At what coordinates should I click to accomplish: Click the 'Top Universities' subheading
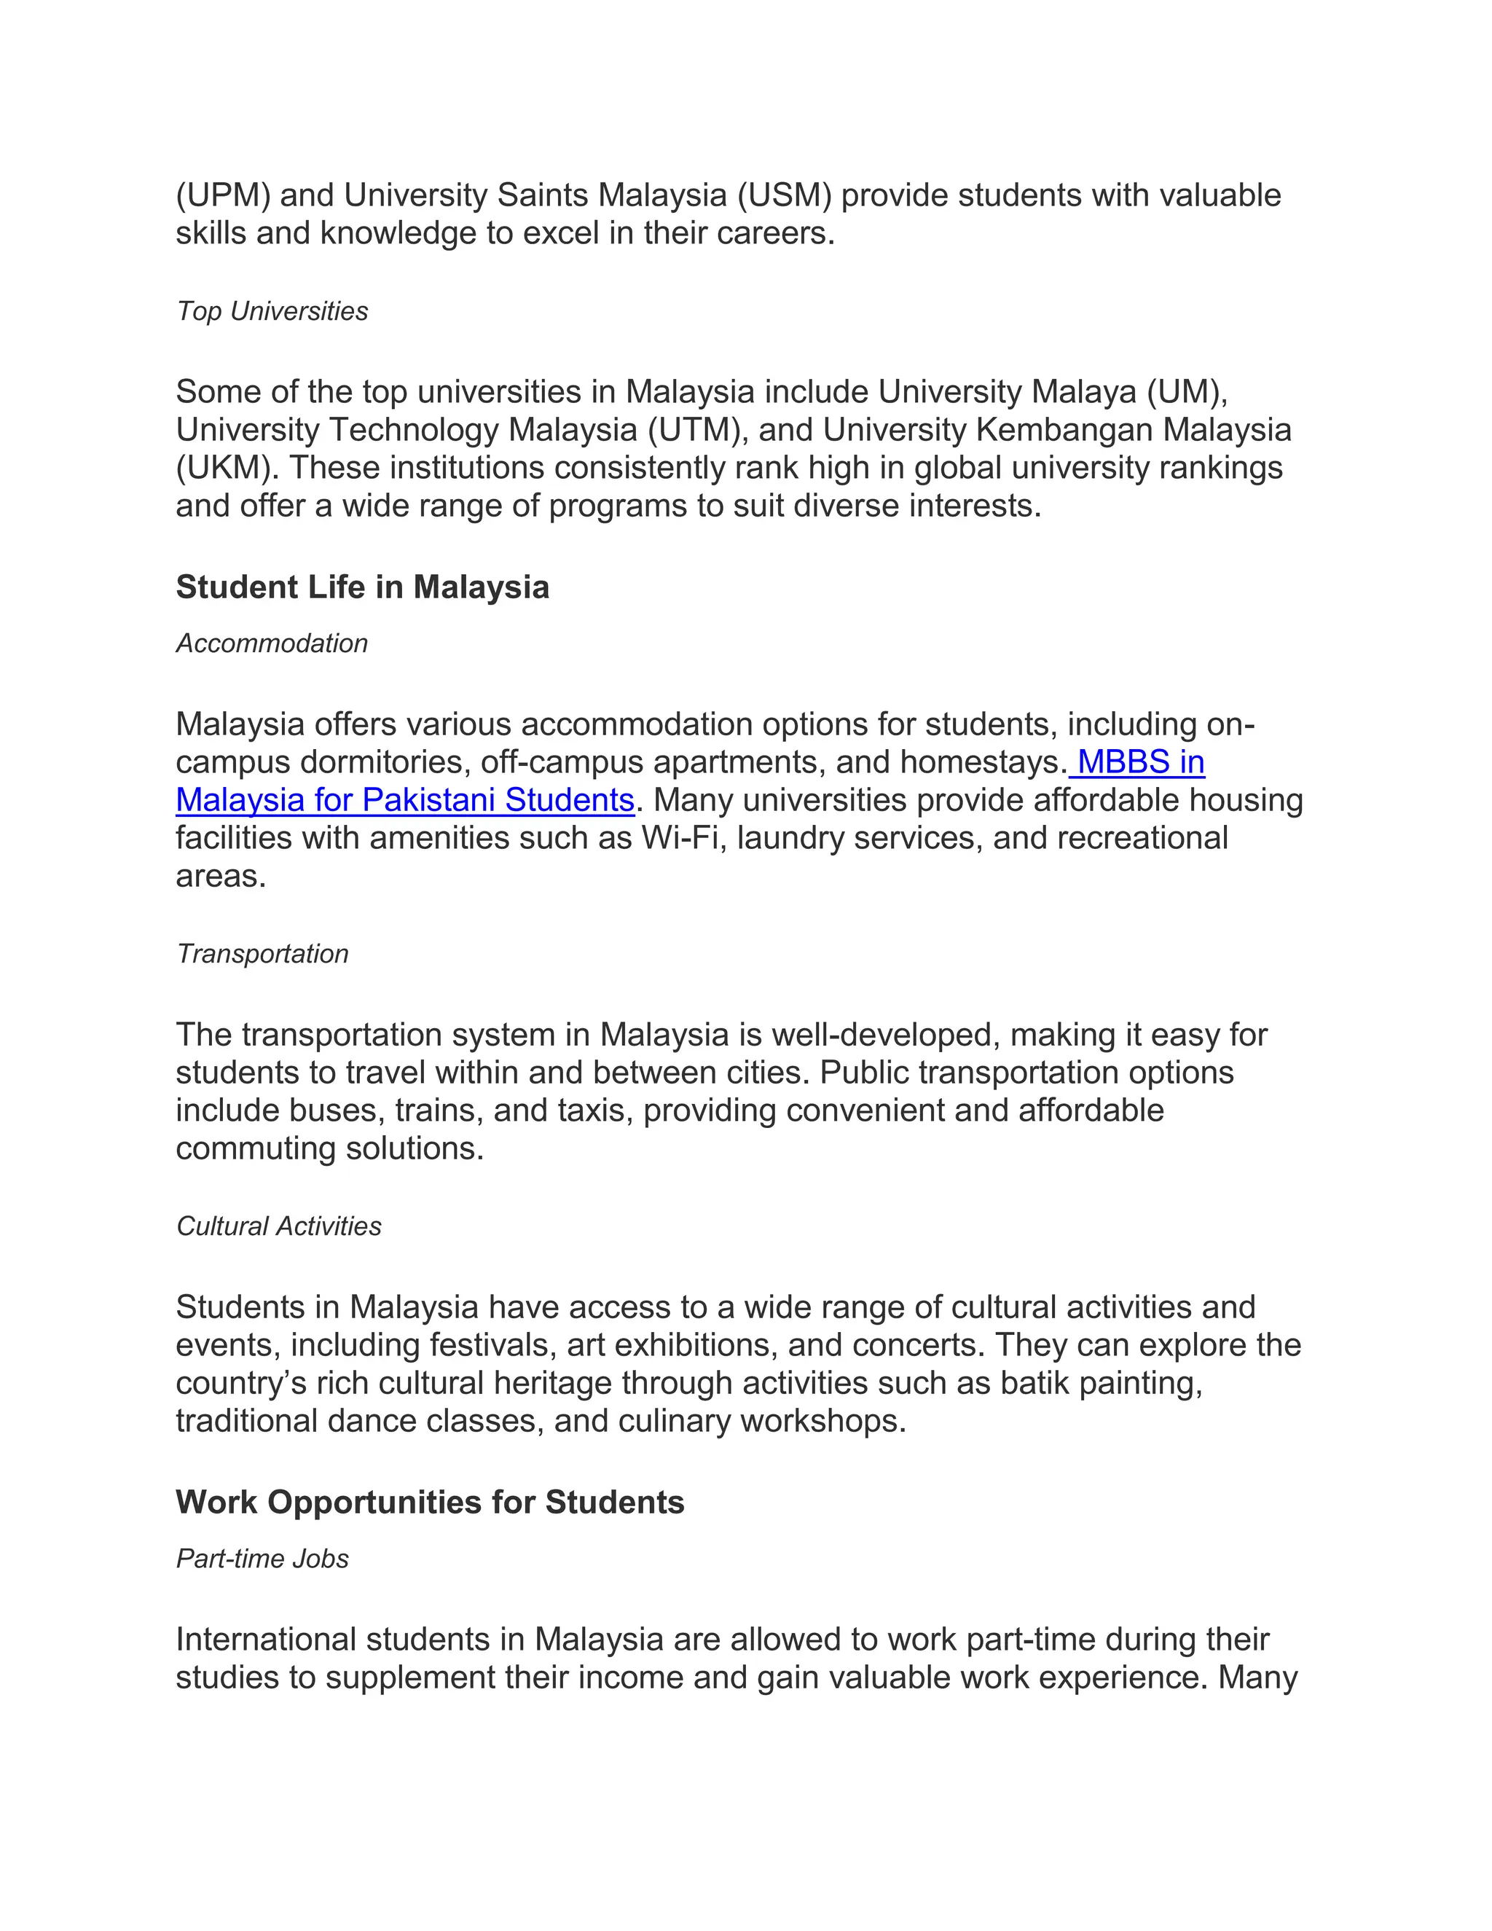click(x=272, y=311)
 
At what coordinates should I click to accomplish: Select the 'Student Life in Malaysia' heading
click(x=362, y=587)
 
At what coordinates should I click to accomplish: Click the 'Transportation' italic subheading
click(x=262, y=954)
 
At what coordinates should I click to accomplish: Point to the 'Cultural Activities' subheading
click(x=279, y=1226)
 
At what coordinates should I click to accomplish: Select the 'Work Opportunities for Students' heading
click(x=430, y=1503)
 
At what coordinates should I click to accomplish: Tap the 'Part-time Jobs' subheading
click(x=262, y=1559)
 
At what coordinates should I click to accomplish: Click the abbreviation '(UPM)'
click(x=223, y=195)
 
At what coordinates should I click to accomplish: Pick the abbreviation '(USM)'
click(x=785, y=195)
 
